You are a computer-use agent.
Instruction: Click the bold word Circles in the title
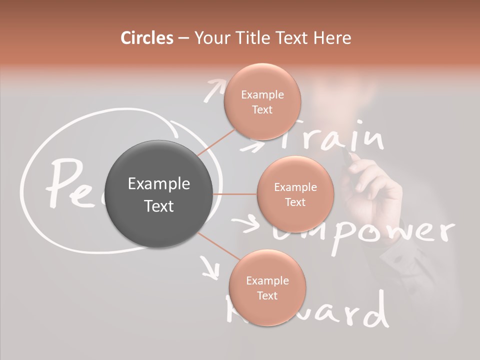click(x=146, y=38)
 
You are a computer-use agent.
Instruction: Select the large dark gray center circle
click(x=159, y=194)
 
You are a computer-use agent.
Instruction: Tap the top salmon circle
click(x=262, y=101)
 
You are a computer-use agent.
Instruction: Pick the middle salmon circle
click(x=295, y=194)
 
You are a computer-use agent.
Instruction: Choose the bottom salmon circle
click(x=267, y=288)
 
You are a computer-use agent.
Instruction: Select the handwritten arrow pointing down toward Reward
click(x=210, y=267)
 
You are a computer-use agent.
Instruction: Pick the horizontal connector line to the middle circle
click(x=235, y=194)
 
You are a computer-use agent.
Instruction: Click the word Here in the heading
click(x=333, y=38)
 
